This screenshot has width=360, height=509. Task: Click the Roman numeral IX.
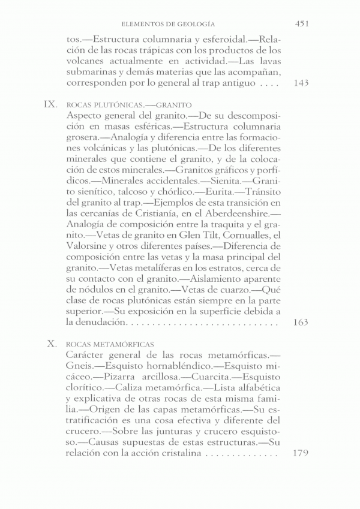pos(50,104)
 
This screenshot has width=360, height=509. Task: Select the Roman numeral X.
pos(52,344)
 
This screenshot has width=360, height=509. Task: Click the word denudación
pos(100,323)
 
